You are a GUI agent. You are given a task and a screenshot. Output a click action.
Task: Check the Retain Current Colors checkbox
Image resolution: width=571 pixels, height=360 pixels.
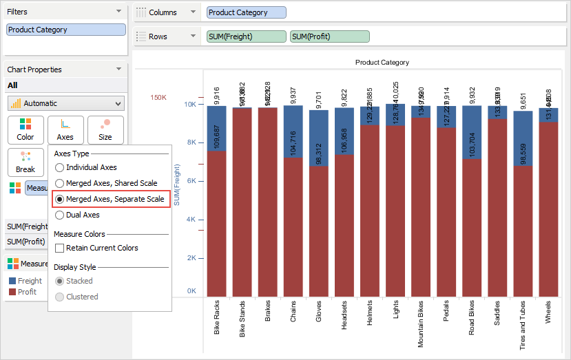point(60,248)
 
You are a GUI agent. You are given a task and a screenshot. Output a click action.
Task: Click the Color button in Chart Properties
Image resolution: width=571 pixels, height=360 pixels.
point(25,129)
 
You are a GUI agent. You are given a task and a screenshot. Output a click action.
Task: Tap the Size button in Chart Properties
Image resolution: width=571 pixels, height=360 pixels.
point(105,129)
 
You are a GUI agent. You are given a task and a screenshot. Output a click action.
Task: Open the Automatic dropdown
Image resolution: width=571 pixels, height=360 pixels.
point(66,103)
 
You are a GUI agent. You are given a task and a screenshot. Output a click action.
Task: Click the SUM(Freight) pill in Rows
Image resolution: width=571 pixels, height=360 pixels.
point(246,36)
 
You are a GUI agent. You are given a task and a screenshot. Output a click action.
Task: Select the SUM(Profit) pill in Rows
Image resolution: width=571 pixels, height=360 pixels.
point(330,36)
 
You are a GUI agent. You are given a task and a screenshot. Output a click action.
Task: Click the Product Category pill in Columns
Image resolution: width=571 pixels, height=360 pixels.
point(246,12)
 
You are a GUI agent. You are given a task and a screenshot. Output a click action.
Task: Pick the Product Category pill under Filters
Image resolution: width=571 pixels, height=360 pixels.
point(66,30)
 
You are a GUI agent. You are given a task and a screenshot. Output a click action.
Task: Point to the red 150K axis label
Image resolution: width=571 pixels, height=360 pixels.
point(158,98)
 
